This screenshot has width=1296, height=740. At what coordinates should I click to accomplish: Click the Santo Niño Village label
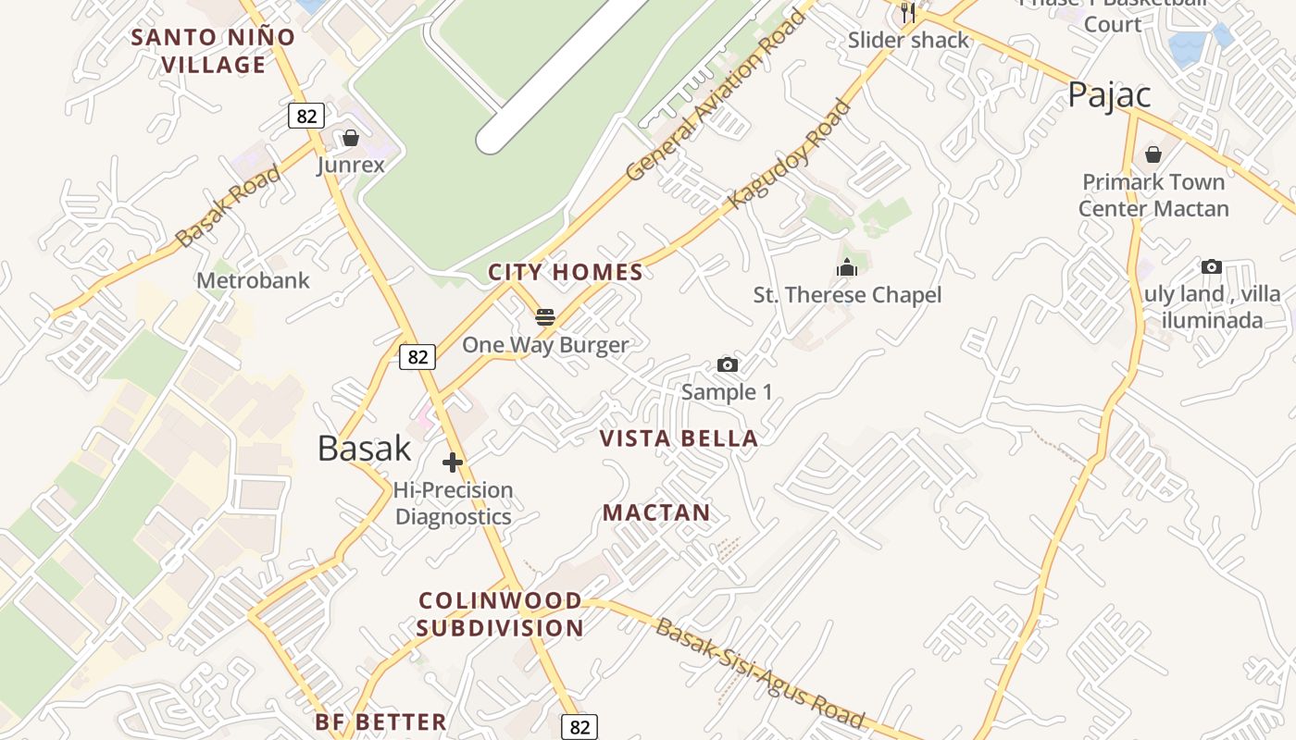pyautogui.click(x=212, y=51)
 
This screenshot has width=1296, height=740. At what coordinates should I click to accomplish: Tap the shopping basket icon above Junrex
pyautogui.click(x=351, y=139)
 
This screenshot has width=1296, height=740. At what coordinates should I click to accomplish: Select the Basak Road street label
pyautogui.click(x=228, y=206)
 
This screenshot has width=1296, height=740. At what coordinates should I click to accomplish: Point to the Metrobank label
pyautogui.click(x=253, y=280)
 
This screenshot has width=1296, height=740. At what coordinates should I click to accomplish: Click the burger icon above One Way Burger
pyautogui.click(x=545, y=317)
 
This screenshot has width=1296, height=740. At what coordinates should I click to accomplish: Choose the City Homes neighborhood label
pyautogui.click(x=565, y=272)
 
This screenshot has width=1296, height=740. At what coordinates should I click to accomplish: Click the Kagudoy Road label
pyautogui.click(x=789, y=154)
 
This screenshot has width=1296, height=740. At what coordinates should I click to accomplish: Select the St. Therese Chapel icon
pyautogui.click(x=846, y=268)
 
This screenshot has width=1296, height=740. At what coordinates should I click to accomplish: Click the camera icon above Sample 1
pyautogui.click(x=728, y=365)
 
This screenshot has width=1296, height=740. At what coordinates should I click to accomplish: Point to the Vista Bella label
pyautogui.click(x=679, y=438)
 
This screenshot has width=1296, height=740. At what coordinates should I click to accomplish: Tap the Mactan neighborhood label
pyautogui.click(x=656, y=512)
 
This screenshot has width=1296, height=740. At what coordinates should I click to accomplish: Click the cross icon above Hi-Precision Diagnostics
pyautogui.click(x=453, y=462)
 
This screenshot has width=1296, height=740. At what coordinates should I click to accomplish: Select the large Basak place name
pyautogui.click(x=364, y=449)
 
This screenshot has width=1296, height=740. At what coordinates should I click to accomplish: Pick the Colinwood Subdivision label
pyautogui.click(x=500, y=614)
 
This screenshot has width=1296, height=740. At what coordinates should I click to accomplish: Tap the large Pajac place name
pyautogui.click(x=1109, y=94)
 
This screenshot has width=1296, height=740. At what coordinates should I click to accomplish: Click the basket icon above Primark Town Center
pyautogui.click(x=1153, y=154)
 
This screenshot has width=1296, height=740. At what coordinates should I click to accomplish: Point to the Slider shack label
pyautogui.click(x=908, y=40)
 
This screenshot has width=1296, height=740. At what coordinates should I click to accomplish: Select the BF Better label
pyautogui.click(x=380, y=721)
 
